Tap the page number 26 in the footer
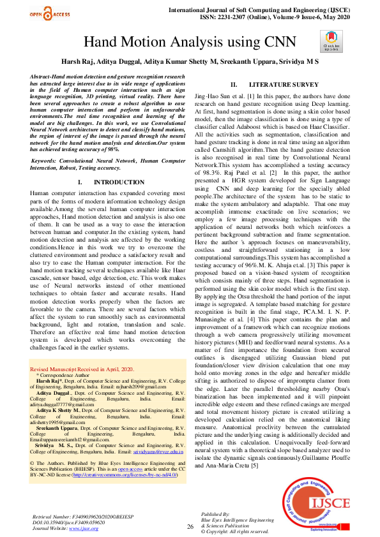point(190,526)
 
